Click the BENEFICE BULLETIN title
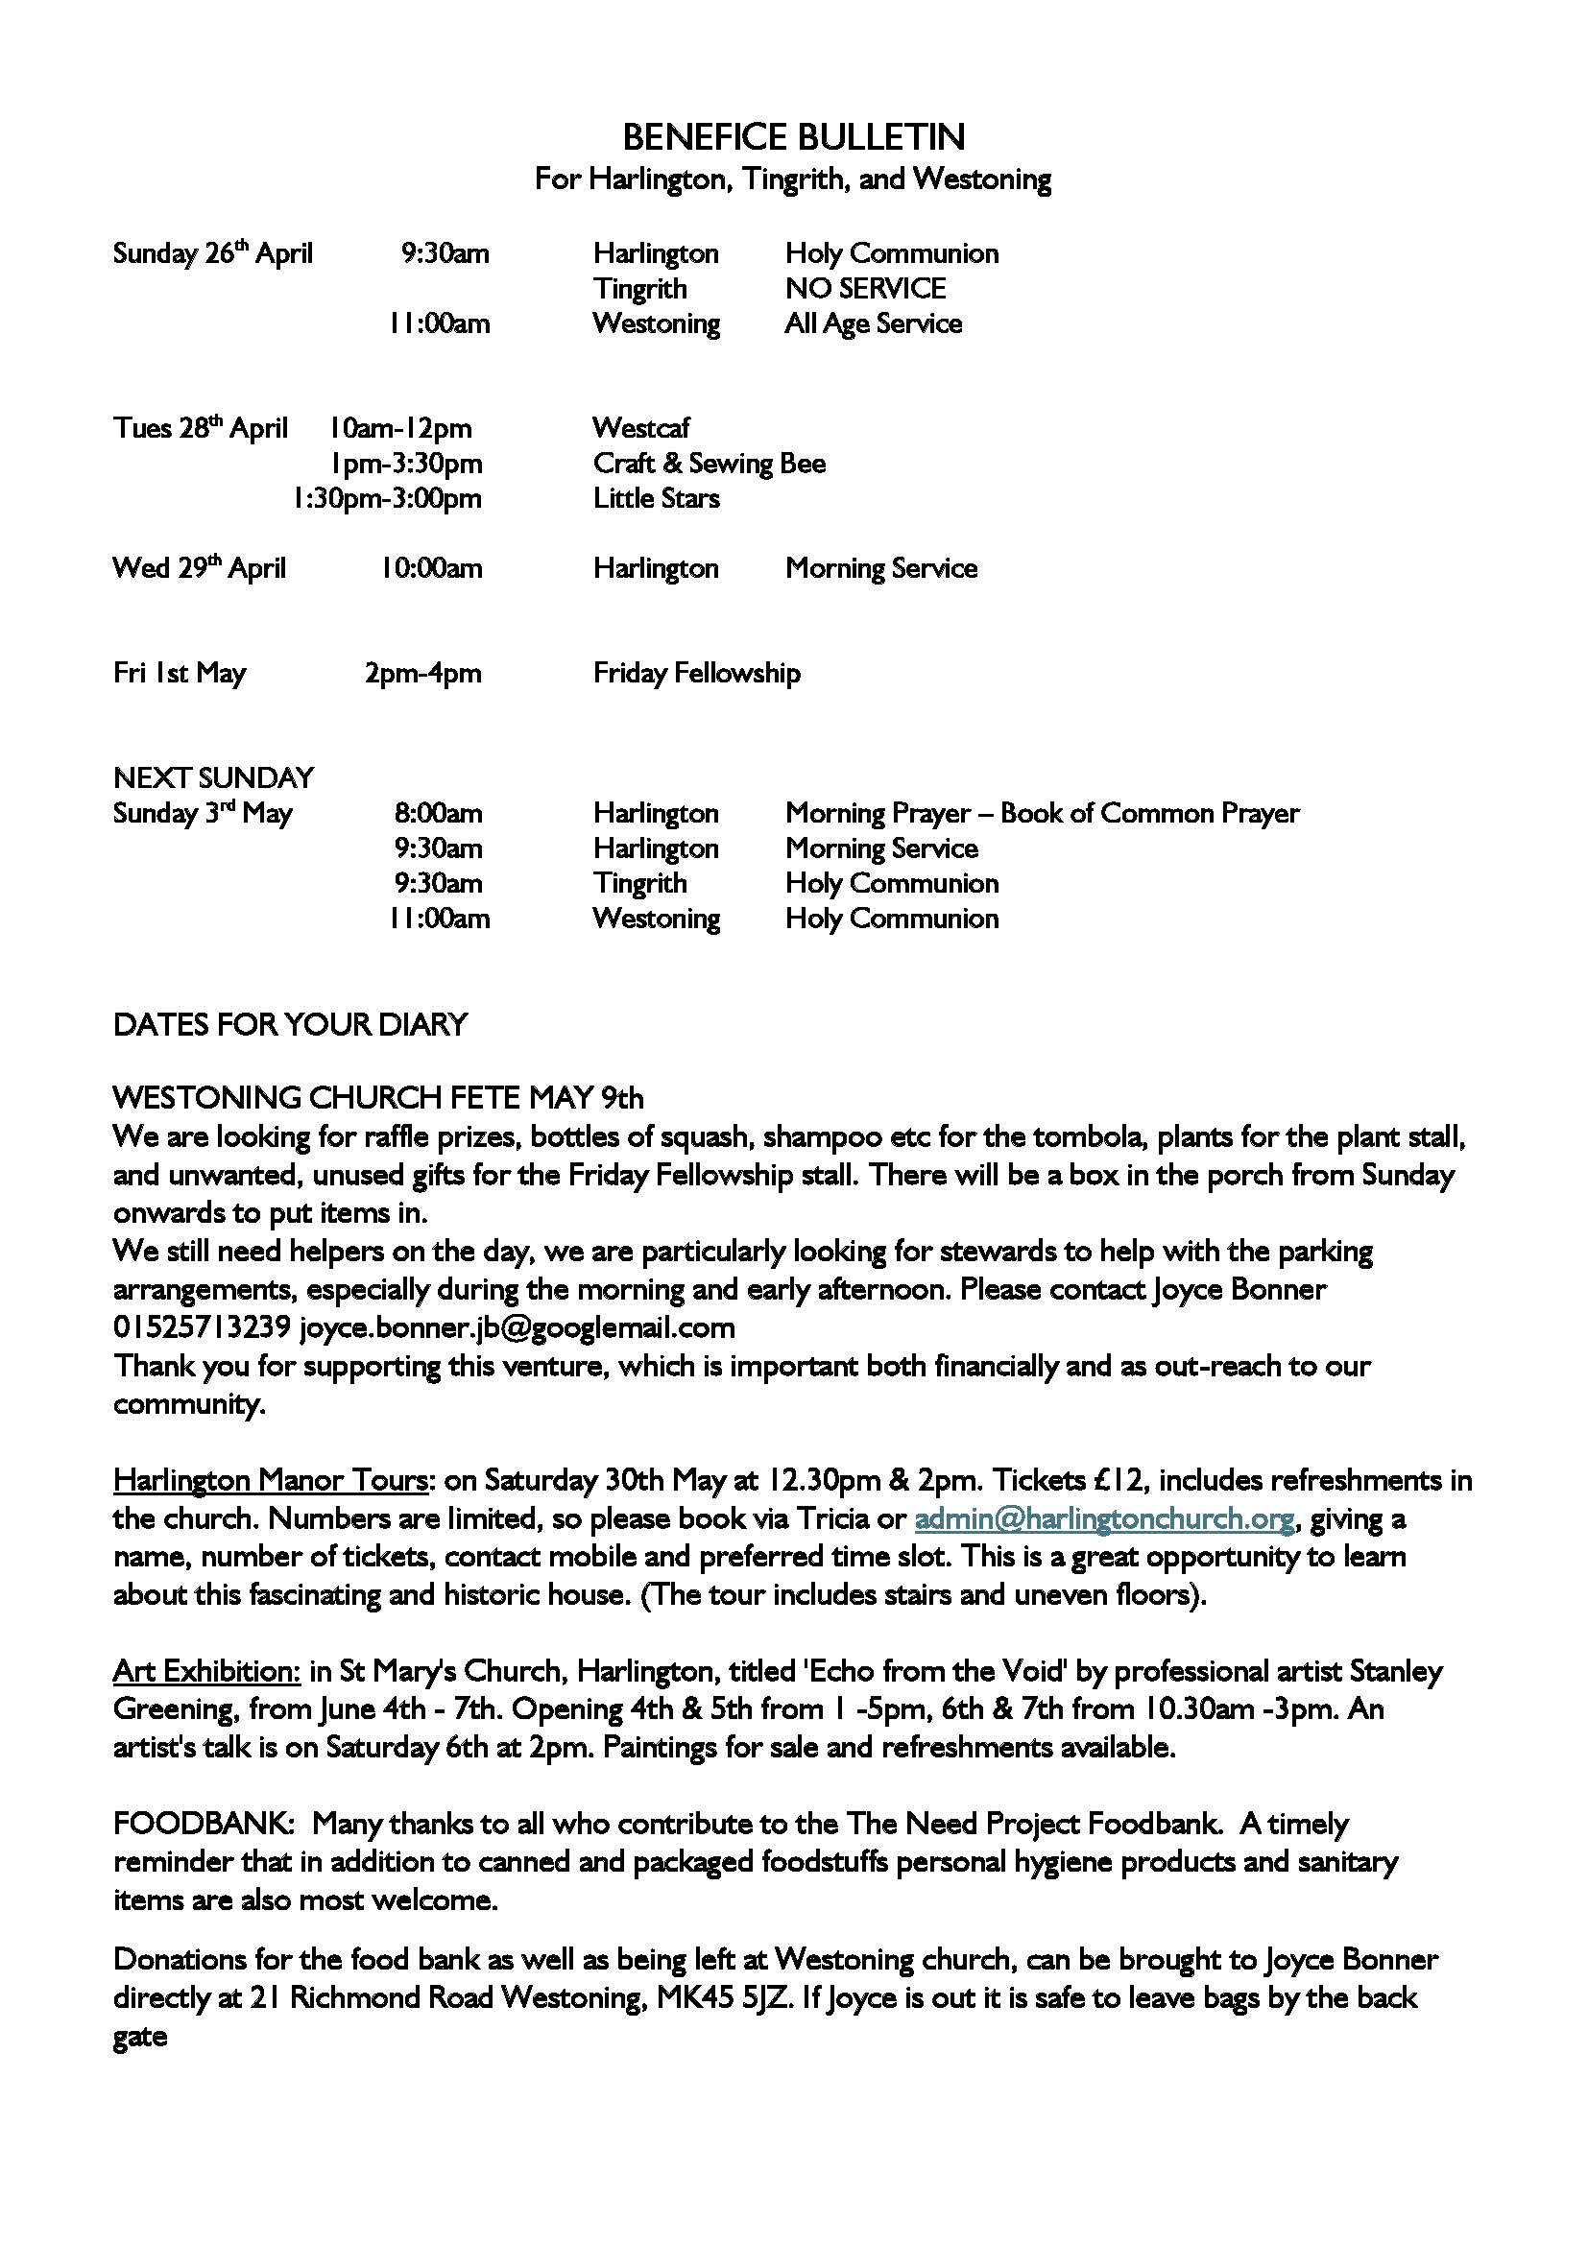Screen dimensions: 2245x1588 pos(793,137)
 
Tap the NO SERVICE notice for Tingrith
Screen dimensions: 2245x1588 pos(865,289)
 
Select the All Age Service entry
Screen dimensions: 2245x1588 pos(873,323)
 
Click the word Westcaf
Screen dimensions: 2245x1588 pos(641,428)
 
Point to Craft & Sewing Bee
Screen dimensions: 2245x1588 pos(709,464)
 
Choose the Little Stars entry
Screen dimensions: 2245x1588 pos(656,499)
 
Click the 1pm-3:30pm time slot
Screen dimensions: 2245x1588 pos(406,464)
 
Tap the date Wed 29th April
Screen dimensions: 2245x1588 pos(200,568)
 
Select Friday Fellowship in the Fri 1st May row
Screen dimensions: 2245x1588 pos(696,673)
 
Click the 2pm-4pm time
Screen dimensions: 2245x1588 pos(422,673)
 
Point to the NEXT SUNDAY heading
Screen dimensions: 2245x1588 pos(213,778)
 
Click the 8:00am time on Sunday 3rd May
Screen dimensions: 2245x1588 pos(438,814)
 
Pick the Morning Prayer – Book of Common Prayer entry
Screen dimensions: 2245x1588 pos(1043,814)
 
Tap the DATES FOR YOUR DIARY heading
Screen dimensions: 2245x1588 pos(290,1025)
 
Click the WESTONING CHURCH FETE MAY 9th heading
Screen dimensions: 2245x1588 pos(378,1098)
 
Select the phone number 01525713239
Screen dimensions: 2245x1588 pos(203,1327)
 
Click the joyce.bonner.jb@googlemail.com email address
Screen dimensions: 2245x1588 pos(517,1327)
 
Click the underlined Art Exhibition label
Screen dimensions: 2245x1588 pos(206,1671)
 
